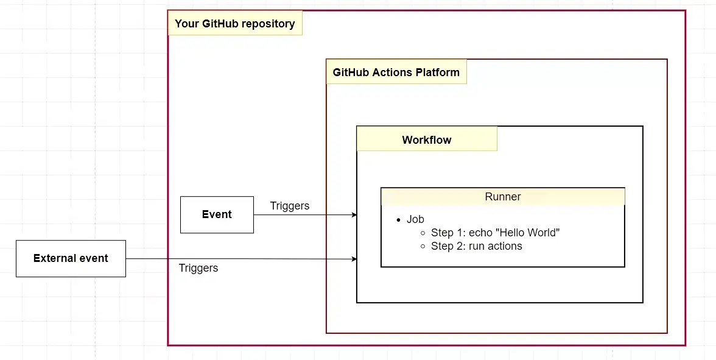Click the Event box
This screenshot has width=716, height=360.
tap(217, 214)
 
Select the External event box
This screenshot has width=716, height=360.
tap(71, 258)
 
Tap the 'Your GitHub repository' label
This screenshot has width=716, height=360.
tap(234, 24)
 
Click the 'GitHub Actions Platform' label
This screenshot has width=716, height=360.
tap(396, 72)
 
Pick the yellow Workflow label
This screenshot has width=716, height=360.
tap(426, 139)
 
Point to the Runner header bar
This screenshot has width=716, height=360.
tap(502, 197)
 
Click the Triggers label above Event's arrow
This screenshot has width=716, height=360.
tap(289, 206)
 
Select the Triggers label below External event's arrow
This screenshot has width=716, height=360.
tap(198, 268)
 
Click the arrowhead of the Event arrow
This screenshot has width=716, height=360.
tap(354, 215)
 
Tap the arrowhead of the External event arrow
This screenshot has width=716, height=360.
tap(354, 259)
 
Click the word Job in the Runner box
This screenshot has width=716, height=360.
tap(415, 219)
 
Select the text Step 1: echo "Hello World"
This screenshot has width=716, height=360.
tap(495, 233)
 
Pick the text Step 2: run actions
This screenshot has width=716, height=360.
tap(476, 246)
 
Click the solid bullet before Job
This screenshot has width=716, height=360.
tap(399, 220)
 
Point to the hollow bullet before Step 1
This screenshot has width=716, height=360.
tap(423, 233)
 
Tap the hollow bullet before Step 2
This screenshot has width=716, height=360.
tap(423, 247)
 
